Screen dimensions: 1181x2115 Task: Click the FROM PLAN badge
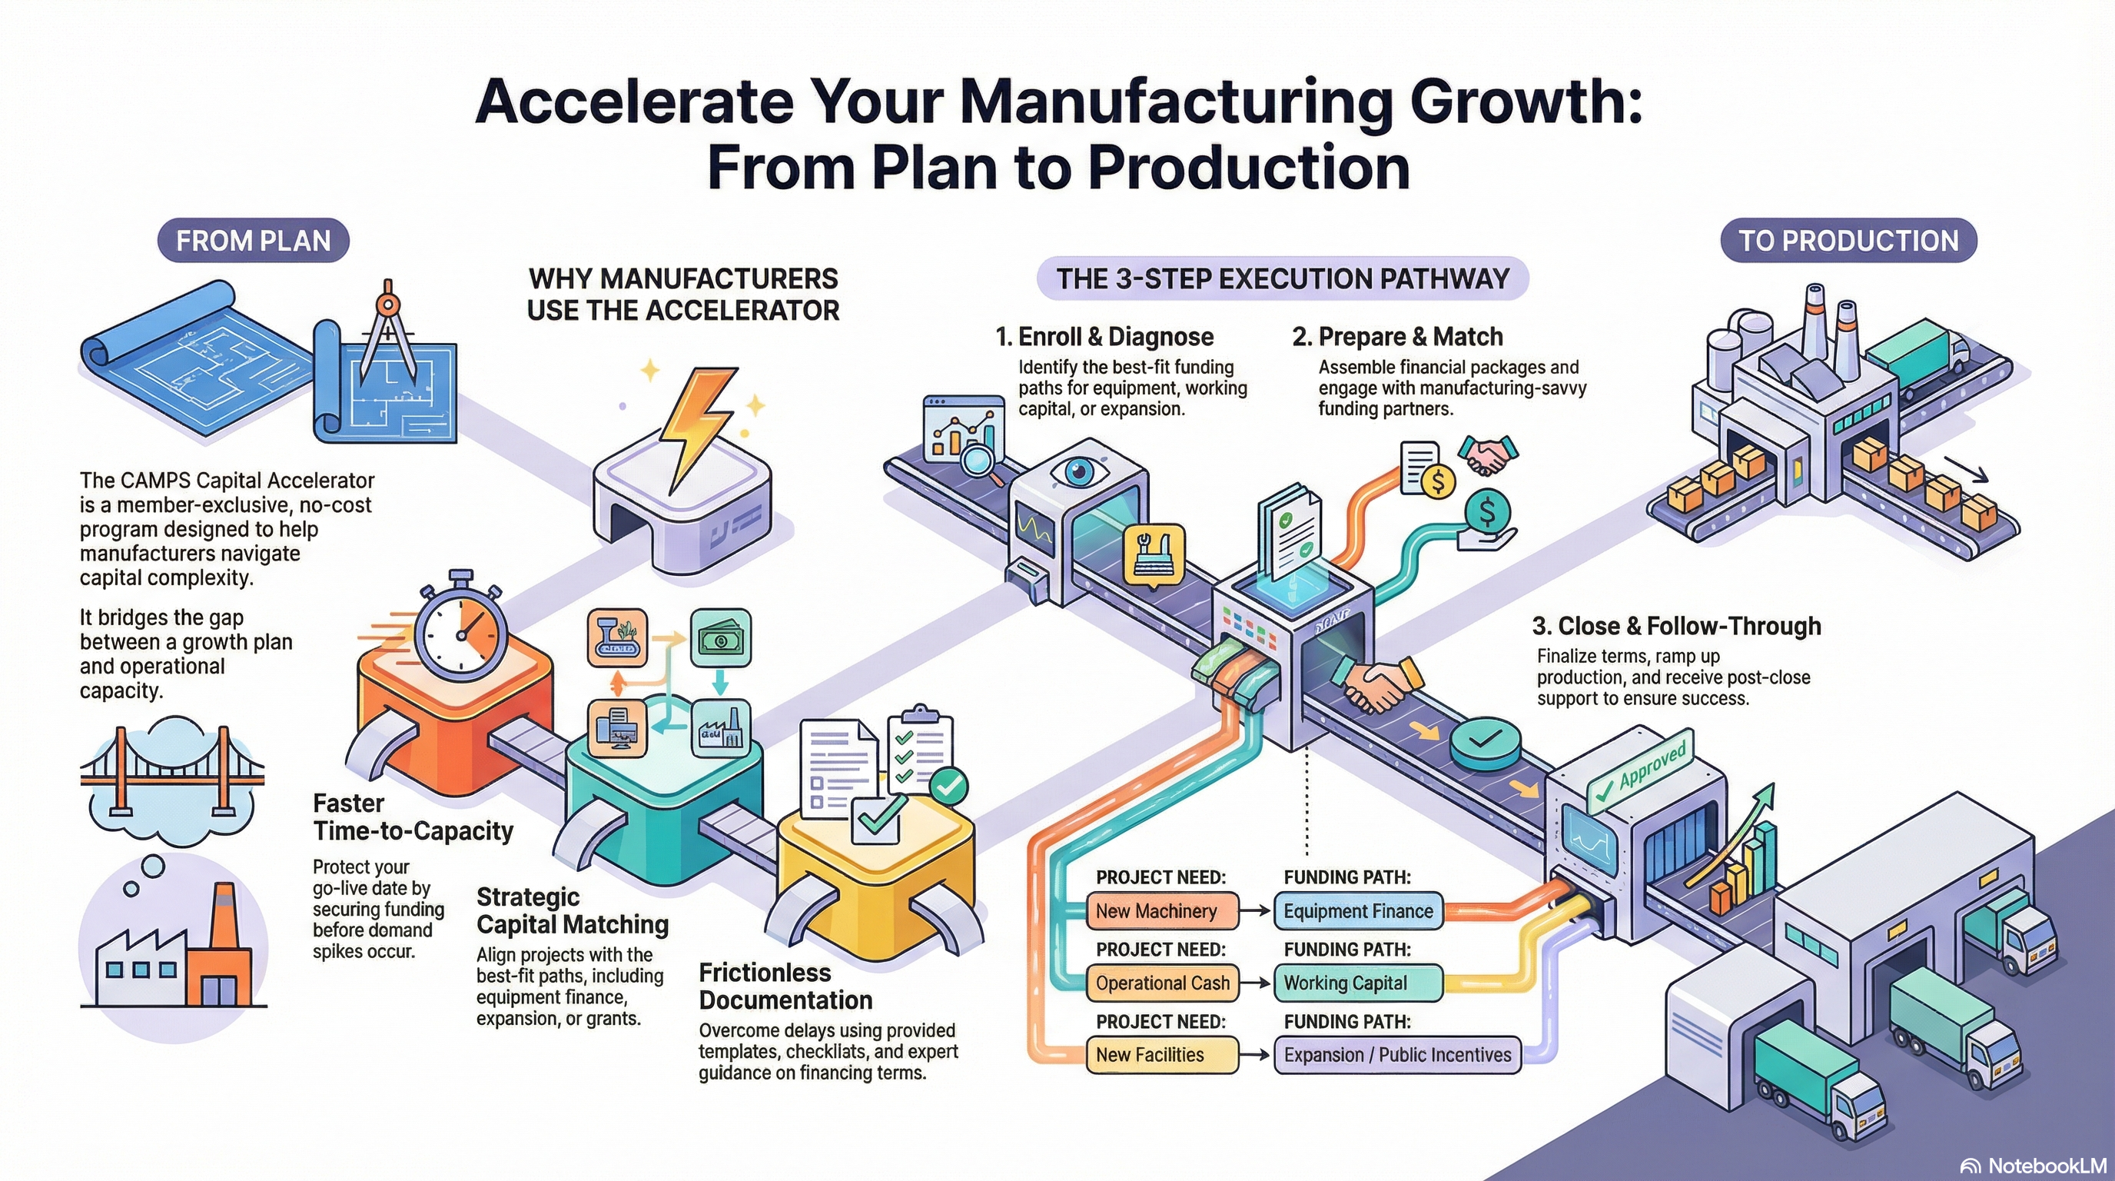click(253, 241)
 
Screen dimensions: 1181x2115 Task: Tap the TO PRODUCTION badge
click(1848, 241)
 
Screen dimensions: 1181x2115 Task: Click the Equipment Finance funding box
click(1358, 911)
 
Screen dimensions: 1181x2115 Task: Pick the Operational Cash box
click(1163, 983)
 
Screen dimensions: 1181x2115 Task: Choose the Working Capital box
click(1358, 983)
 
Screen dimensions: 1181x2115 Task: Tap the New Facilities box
click(1161, 1056)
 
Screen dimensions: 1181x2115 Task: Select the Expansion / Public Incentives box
click(1397, 1056)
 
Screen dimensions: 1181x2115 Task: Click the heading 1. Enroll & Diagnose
click(1104, 337)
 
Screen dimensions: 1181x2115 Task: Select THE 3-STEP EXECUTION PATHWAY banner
click(1283, 279)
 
